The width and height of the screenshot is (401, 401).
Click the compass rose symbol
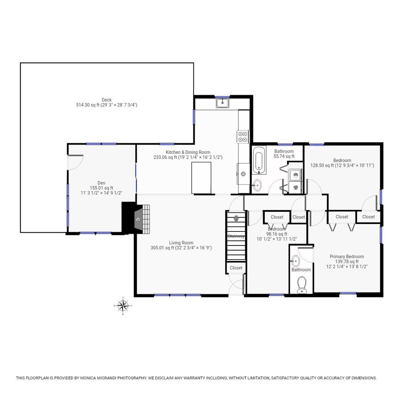(123, 305)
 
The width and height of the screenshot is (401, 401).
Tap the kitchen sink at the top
(222, 103)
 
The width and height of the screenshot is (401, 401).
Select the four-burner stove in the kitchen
(243, 137)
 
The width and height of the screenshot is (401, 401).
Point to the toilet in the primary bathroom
(302, 285)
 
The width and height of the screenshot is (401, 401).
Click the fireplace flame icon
(138, 219)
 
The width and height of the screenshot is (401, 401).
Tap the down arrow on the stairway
(236, 219)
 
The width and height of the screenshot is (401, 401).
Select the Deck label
(107, 100)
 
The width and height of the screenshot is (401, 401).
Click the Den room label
(101, 183)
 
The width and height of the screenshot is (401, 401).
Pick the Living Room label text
(181, 243)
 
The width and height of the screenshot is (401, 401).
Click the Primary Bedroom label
(347, 256)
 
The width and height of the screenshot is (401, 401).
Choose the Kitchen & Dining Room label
(188, 152)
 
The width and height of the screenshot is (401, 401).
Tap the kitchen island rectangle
(201, 178)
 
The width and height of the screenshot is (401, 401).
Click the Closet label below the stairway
(236, 268)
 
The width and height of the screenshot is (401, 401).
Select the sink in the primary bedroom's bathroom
(295, 261)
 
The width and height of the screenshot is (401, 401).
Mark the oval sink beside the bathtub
(257, 185)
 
